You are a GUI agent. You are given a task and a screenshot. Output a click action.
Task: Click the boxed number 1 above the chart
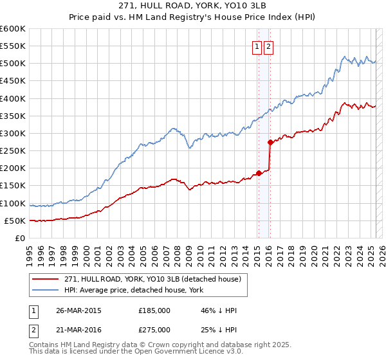point(257,46)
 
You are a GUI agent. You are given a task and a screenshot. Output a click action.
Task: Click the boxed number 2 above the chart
point(268,46)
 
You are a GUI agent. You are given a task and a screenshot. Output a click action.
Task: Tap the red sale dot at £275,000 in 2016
point(270,143)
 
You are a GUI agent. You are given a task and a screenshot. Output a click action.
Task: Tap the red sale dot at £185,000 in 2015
point(259,173)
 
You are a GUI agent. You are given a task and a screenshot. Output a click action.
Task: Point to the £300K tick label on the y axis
point(13,133)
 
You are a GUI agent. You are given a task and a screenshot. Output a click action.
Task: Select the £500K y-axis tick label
point(13,64)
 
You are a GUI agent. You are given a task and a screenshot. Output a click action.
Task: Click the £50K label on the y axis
point(15,221)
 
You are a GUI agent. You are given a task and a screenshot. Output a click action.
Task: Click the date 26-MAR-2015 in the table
point(78,310)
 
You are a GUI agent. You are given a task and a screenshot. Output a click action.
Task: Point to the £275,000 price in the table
point(154,330)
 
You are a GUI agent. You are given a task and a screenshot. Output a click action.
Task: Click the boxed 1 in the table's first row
point(33,310)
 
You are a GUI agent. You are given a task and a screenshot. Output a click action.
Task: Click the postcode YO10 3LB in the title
point(237,6)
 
